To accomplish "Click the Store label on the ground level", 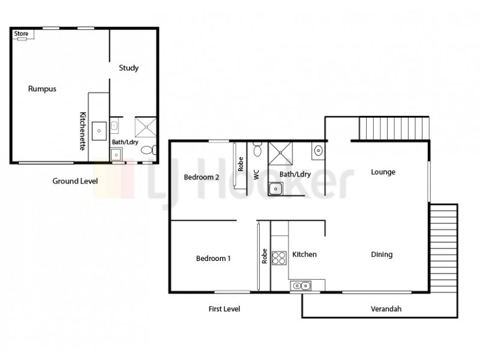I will coord(21,34).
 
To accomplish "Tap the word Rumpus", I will coord(42,89).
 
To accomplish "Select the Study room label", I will coord(128,68).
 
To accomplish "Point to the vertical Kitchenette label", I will coord(84,130).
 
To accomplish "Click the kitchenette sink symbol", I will coord(98,128).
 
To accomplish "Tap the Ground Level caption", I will coord(75,181).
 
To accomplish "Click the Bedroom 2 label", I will coord(202,177).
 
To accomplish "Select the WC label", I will coord(256,175).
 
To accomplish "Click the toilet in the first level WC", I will coord(257,148).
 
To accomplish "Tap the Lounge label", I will coord(383,172).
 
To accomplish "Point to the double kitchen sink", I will coord(302,286).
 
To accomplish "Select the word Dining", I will coord(382,254).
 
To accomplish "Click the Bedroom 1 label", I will coord(214,259).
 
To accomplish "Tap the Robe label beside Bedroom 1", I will coord(264,257).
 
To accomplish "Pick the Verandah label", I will coord(385,310).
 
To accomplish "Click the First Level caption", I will coord(224,309).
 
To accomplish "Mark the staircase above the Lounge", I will coord(395,128).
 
